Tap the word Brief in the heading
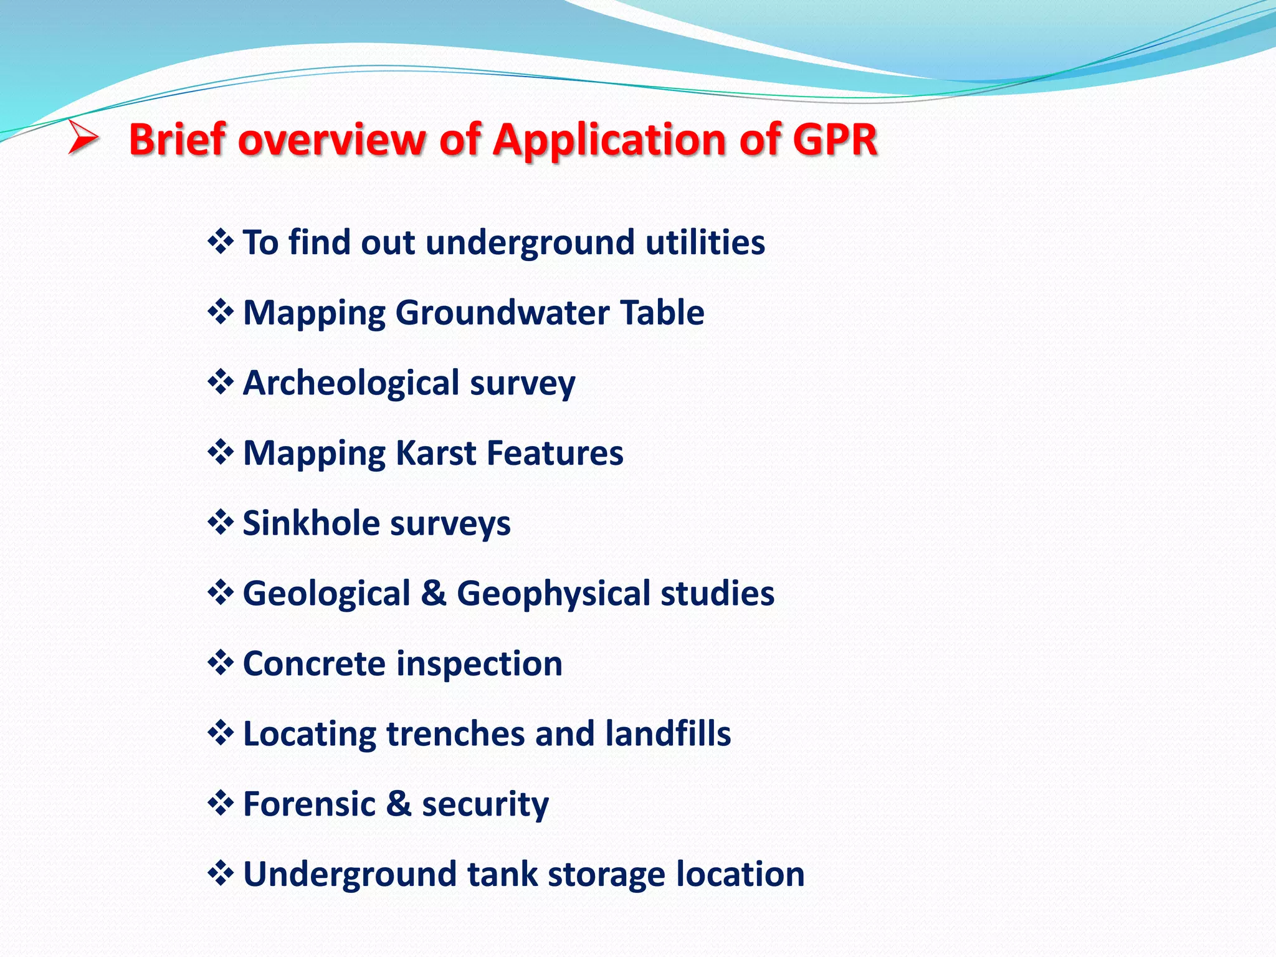pyautogui.click(x=176, y=139)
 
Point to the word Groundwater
pyautogui.click(x=502, y=312)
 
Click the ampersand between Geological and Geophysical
pyautogui.click(x=434, y=593)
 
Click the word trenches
pyautogui.click(x=455, y=733)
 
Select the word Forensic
pyautogui.click(x=309, y=804)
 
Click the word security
pyautogui.click(x=485, y=804)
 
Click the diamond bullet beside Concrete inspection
pyautogui.click(x=220, y=663)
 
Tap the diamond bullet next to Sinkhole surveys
pyautogui.click(x=220, y=522)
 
